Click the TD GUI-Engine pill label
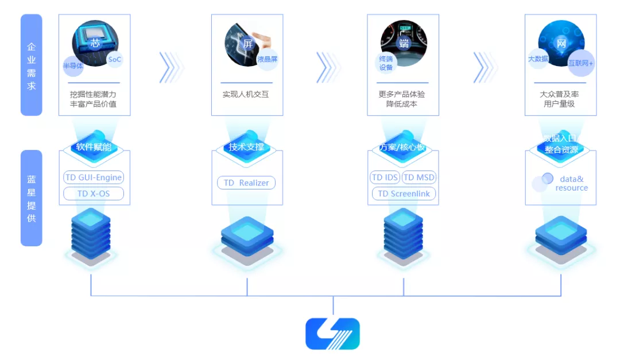[x=94, y=177]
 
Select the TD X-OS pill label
[x=94, y=194]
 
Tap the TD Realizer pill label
[x=246, y=183]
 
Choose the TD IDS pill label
[x=385, y=177]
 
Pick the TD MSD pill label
[x=418, y=177]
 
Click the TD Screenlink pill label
[x=404, y=194]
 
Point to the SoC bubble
[x=115, y=59]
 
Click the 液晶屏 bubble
[x=267, y=59]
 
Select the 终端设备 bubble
[x=386, y=63]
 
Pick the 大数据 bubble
[x=538, y=59]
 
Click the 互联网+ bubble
[x=580, y=63]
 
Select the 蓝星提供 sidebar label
[x=32, y=198]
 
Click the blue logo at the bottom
[x=332, y=334]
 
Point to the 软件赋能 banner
[x=94, y=146]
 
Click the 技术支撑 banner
[x=246, y=146]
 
